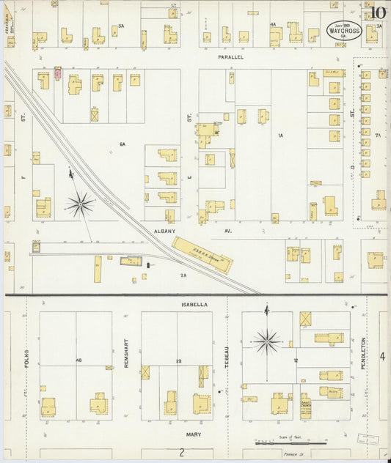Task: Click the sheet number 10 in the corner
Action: tap(378, 12)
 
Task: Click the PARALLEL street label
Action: tap(230, 57)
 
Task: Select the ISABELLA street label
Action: tap(195, 303)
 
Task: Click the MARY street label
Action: tap(194, 434)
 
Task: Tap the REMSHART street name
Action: tap(126, 352)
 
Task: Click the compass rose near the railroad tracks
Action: tap(80, 203)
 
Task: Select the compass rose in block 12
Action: tap(267, 340)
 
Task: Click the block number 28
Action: tap(178, 361)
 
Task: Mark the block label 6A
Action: tap(123, 145)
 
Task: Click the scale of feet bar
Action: tap(290, 443)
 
